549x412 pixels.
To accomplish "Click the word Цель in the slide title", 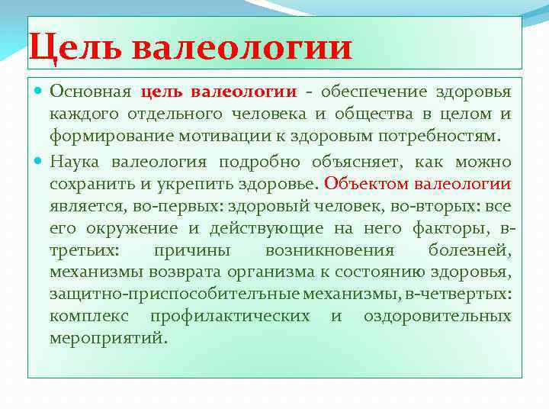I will [x=75, y=47].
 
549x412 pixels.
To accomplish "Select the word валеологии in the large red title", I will [x=242, y=47].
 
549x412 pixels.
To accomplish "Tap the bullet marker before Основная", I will [x=40, y=92].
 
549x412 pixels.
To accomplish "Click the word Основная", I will [x=91, y=92].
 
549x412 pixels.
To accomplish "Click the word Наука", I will [x=76, y=161].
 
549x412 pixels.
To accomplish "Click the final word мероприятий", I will [x=108, y=338].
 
